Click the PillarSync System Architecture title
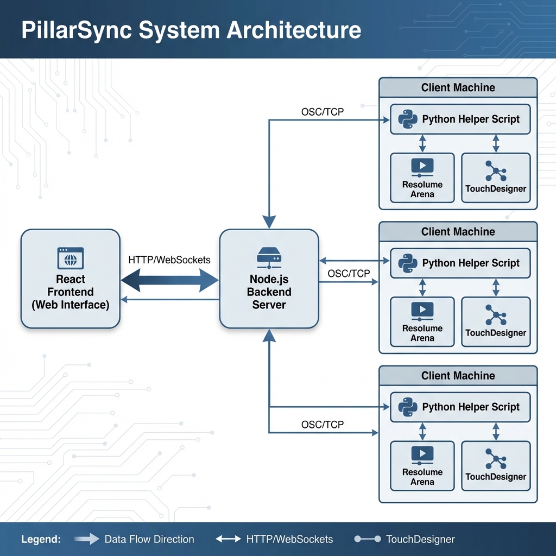coord(191,30)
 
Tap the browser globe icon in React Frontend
coord(71,258)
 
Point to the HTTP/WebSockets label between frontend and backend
coord(169,260)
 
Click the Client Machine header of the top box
coord(458,87)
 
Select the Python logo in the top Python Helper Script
coord(407,119)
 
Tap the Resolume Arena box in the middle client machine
coord(422,321)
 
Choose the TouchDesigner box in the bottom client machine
coord(496,465)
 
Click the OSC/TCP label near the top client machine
coord(323,112)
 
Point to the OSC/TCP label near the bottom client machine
coord(323,425)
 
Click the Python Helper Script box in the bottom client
coord(460,407)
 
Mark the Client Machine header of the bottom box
coord(458,375)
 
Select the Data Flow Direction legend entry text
coord(149,539)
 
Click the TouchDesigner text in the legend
coord(420,539)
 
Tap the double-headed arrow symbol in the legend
coord(228,539)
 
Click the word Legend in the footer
coord(41,539)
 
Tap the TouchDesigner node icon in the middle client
coord(496,315)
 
